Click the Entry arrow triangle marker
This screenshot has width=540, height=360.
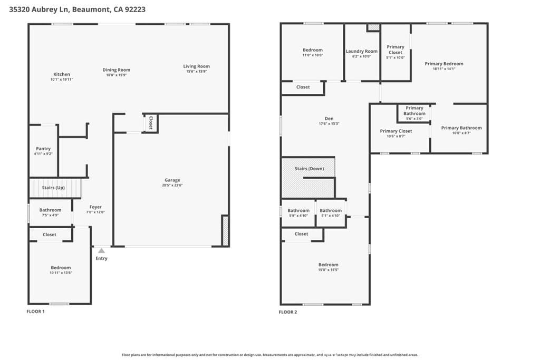[101, 251]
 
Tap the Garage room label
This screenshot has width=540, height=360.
[172, 180]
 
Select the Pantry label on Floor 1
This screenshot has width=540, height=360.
[43, 149]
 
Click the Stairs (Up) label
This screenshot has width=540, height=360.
[53, 188]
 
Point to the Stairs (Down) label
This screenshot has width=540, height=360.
[310, 169]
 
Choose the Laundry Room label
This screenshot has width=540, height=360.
[362, 52]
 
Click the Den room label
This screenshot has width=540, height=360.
[329, 119]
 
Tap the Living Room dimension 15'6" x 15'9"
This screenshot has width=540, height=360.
[197, 72]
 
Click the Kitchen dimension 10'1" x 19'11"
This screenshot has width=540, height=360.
[62, 80]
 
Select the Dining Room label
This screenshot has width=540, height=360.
[117, 70]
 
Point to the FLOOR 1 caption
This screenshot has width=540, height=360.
[36, 312]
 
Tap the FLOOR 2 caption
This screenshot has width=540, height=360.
[288, 312]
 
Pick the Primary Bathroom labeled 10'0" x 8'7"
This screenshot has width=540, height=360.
[461, 128]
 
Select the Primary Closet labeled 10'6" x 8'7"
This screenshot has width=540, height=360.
[396, 131]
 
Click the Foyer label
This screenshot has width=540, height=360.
[95, 207]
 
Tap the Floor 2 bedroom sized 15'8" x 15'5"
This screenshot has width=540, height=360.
[329, 265]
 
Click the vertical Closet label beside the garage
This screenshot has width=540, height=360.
[151, 123]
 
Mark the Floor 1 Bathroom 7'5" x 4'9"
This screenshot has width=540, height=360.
[50, 210]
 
